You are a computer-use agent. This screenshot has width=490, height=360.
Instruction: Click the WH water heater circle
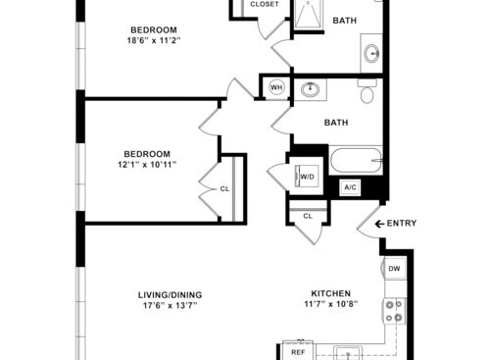click(x=276, y=87)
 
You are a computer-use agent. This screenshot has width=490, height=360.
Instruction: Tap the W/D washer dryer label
click(x=307, y=177)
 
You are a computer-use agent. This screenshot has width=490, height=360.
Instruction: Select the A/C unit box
click(x=350, y=187)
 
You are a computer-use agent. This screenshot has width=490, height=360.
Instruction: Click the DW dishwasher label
click(x=394, y=269)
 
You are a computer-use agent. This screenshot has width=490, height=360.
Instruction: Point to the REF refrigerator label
click(x=298, y=352)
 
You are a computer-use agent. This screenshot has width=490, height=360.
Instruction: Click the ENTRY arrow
click(x=379, y=224)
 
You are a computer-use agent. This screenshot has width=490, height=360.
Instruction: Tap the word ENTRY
click(x=402, y=224)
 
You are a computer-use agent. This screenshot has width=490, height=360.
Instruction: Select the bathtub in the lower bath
click(x=356, y=160)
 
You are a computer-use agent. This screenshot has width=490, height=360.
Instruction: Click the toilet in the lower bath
click(x=367, y=91)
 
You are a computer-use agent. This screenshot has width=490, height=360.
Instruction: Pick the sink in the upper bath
click(x=371, y=53)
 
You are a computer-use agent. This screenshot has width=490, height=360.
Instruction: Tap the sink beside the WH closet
click(x=310, y=89)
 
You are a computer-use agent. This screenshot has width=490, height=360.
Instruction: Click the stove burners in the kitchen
click(x=394, y=311)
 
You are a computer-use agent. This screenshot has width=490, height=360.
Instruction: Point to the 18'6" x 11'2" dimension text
click(x=154, y=41)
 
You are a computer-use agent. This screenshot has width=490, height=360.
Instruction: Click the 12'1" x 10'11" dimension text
click(x=147, y=165)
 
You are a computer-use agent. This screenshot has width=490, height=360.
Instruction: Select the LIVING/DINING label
click(x=170, y=295)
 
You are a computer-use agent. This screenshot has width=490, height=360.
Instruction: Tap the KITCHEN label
click(x=330, y=293)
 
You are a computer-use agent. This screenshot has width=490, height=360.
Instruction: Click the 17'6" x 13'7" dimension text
click(x=170, y=306)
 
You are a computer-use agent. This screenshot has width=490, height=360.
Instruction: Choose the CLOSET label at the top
click(x=265, y=4)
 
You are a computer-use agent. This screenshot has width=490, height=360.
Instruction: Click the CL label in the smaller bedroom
click(x=224, y=189)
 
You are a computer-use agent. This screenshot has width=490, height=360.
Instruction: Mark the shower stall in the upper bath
click(x=309, y=14)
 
